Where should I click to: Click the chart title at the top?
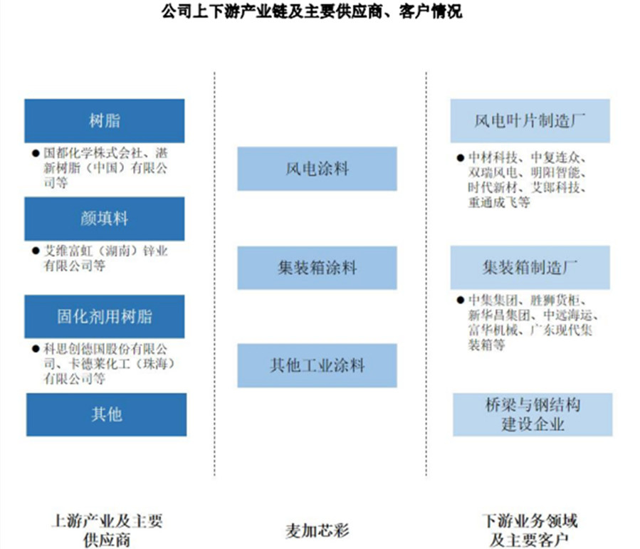click(311, 11)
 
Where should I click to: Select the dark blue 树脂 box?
click(105, 121)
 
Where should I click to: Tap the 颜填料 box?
click(105, 219)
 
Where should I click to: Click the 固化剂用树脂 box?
click(105, 317)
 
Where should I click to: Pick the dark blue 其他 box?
click(107, 414)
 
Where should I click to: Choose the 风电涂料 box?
click(317, 169)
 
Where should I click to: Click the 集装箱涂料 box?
click(317, 268)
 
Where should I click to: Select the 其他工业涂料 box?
click(317, 365)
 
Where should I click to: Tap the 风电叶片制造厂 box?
click(530, 121)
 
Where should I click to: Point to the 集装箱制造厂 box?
click(530, 268)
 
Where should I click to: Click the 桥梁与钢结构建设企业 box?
click(533, 414)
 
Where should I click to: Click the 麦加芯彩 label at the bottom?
click(317, 530)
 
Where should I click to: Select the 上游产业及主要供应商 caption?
click(107, 530)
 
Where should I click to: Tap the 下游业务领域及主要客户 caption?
click(530, 530)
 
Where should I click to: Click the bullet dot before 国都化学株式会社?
click(36, 154)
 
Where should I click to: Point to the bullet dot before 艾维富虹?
click(36, 251)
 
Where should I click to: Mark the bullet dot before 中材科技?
click(461, 157)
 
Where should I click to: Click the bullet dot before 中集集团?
click(461, 300)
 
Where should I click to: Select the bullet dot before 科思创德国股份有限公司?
click(36, 349)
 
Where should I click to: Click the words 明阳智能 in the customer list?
click(555, 172)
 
